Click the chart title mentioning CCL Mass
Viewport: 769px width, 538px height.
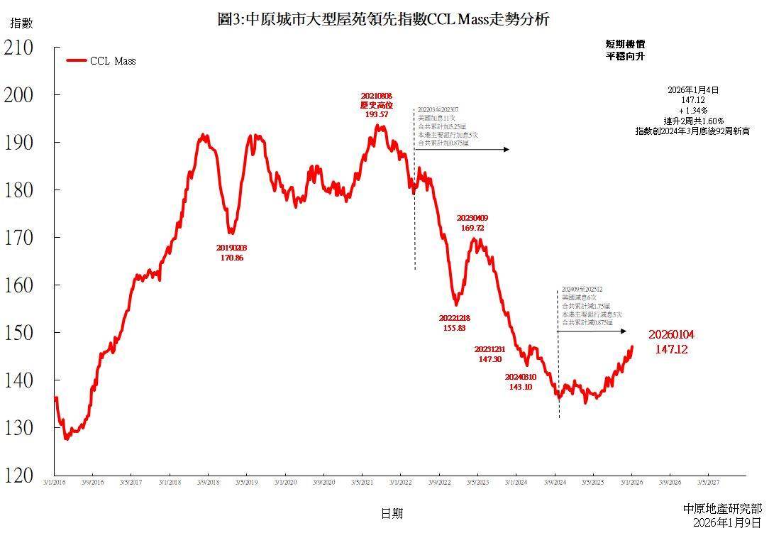(x=383, y=19)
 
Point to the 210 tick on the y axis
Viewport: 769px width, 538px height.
(x=18, y=48)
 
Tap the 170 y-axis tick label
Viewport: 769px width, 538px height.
(x=18, y=238)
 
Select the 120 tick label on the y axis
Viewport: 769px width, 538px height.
(x=18, y=475)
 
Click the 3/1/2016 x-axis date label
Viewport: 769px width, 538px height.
(x=55, y=482)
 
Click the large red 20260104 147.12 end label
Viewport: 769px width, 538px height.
(x=671, y=341)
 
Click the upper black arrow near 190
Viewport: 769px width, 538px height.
(x=462, y=149)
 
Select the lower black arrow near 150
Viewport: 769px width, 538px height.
(x=592, y=331)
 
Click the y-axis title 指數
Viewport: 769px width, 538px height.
(x=21, y=23)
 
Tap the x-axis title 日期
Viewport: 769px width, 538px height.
(x=392, y=512)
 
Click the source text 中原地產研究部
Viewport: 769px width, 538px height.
(x=722, y=509)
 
